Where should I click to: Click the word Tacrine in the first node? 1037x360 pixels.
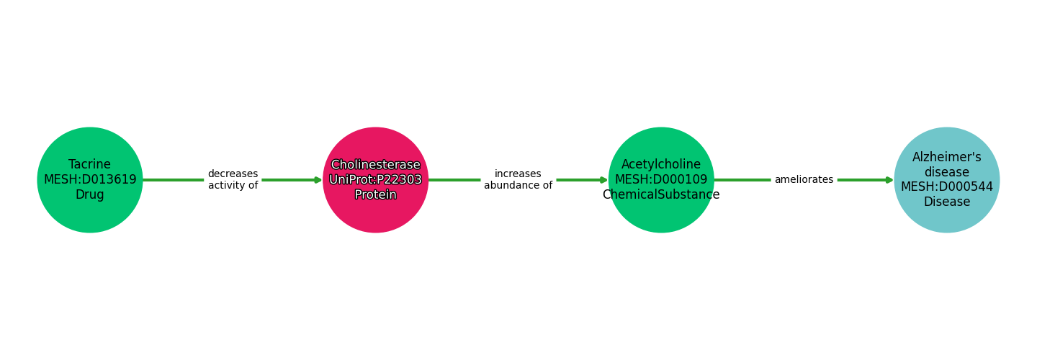(90, 164)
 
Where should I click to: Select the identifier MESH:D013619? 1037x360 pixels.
(90, 179)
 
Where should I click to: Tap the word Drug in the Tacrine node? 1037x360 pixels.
(90, 194)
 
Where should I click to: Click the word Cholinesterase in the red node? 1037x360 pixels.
(375, 165)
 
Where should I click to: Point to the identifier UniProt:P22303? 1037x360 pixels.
(375, 179)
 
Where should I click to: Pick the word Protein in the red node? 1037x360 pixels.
(375, 194)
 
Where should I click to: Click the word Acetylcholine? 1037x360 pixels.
(661, 164)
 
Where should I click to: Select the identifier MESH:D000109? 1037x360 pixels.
(661, 179)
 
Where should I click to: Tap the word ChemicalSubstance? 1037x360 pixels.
(661, 194)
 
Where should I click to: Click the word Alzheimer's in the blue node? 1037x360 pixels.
(947, 157)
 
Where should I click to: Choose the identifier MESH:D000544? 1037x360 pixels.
(947, 186)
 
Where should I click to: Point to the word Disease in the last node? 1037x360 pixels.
(947, 202)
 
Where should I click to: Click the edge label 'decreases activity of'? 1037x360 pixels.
(233, 180)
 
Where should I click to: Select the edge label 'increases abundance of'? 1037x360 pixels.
(518, 180)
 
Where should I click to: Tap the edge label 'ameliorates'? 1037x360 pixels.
(804, 180)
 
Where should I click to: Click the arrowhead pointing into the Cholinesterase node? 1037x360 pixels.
(318, 180)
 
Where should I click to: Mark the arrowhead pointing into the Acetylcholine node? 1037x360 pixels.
(603, 180)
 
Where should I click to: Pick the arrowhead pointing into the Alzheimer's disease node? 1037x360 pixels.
(889, 180)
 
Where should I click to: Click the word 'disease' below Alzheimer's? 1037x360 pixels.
(947, 172)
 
